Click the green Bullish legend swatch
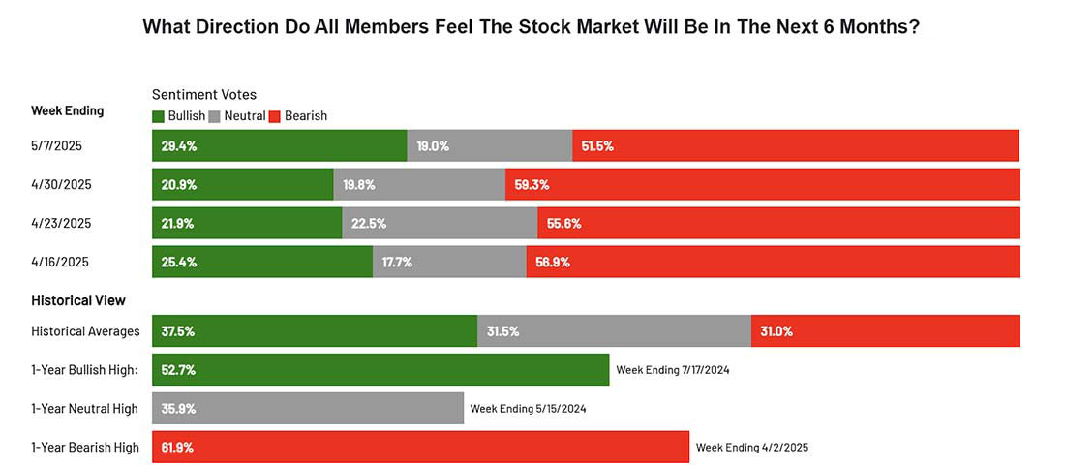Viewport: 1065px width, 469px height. tap(159, 116)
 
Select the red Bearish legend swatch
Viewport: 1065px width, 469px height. tap(274, 116)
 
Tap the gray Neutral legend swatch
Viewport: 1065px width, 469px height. tap(215, 116)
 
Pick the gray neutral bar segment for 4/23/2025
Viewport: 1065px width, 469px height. tap(440, 223)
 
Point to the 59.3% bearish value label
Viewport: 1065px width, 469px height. tap(532, 185)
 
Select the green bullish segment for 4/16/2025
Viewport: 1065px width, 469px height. tap(262, 262)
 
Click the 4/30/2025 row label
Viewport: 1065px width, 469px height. tap(61, 185)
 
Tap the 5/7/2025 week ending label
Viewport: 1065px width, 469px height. tap(56, 146)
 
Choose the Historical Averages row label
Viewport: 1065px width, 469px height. tap(85, 331)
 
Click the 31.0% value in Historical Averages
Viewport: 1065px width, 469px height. tap(776, 331)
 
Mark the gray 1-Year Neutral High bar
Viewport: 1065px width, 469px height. tap(308, 409)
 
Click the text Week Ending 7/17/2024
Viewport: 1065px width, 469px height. tap(673, 370)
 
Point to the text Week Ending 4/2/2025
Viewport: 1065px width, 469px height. tap(751, 448)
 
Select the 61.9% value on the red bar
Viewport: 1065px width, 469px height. tap(177, 448)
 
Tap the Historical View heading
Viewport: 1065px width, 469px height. tap(78, 300)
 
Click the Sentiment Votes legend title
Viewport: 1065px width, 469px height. tap(204, 95)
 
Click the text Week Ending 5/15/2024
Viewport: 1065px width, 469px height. tap(528, 409)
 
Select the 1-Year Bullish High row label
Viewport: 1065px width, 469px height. tap(85, 370)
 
